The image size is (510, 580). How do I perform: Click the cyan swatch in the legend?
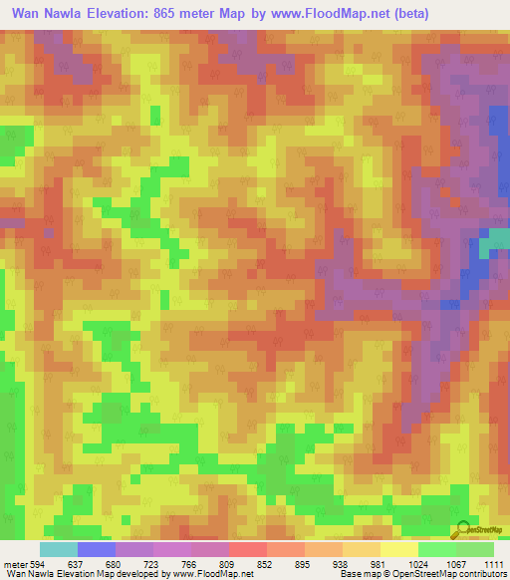(59, 549)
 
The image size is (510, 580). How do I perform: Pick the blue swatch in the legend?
(97, 549)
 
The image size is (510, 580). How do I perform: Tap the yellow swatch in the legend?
(399, 549)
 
